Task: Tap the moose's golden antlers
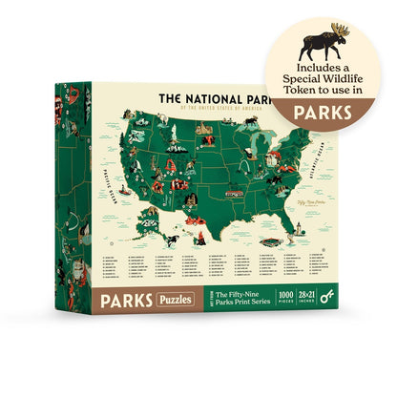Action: pyautogui.click(x=341, y=30)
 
